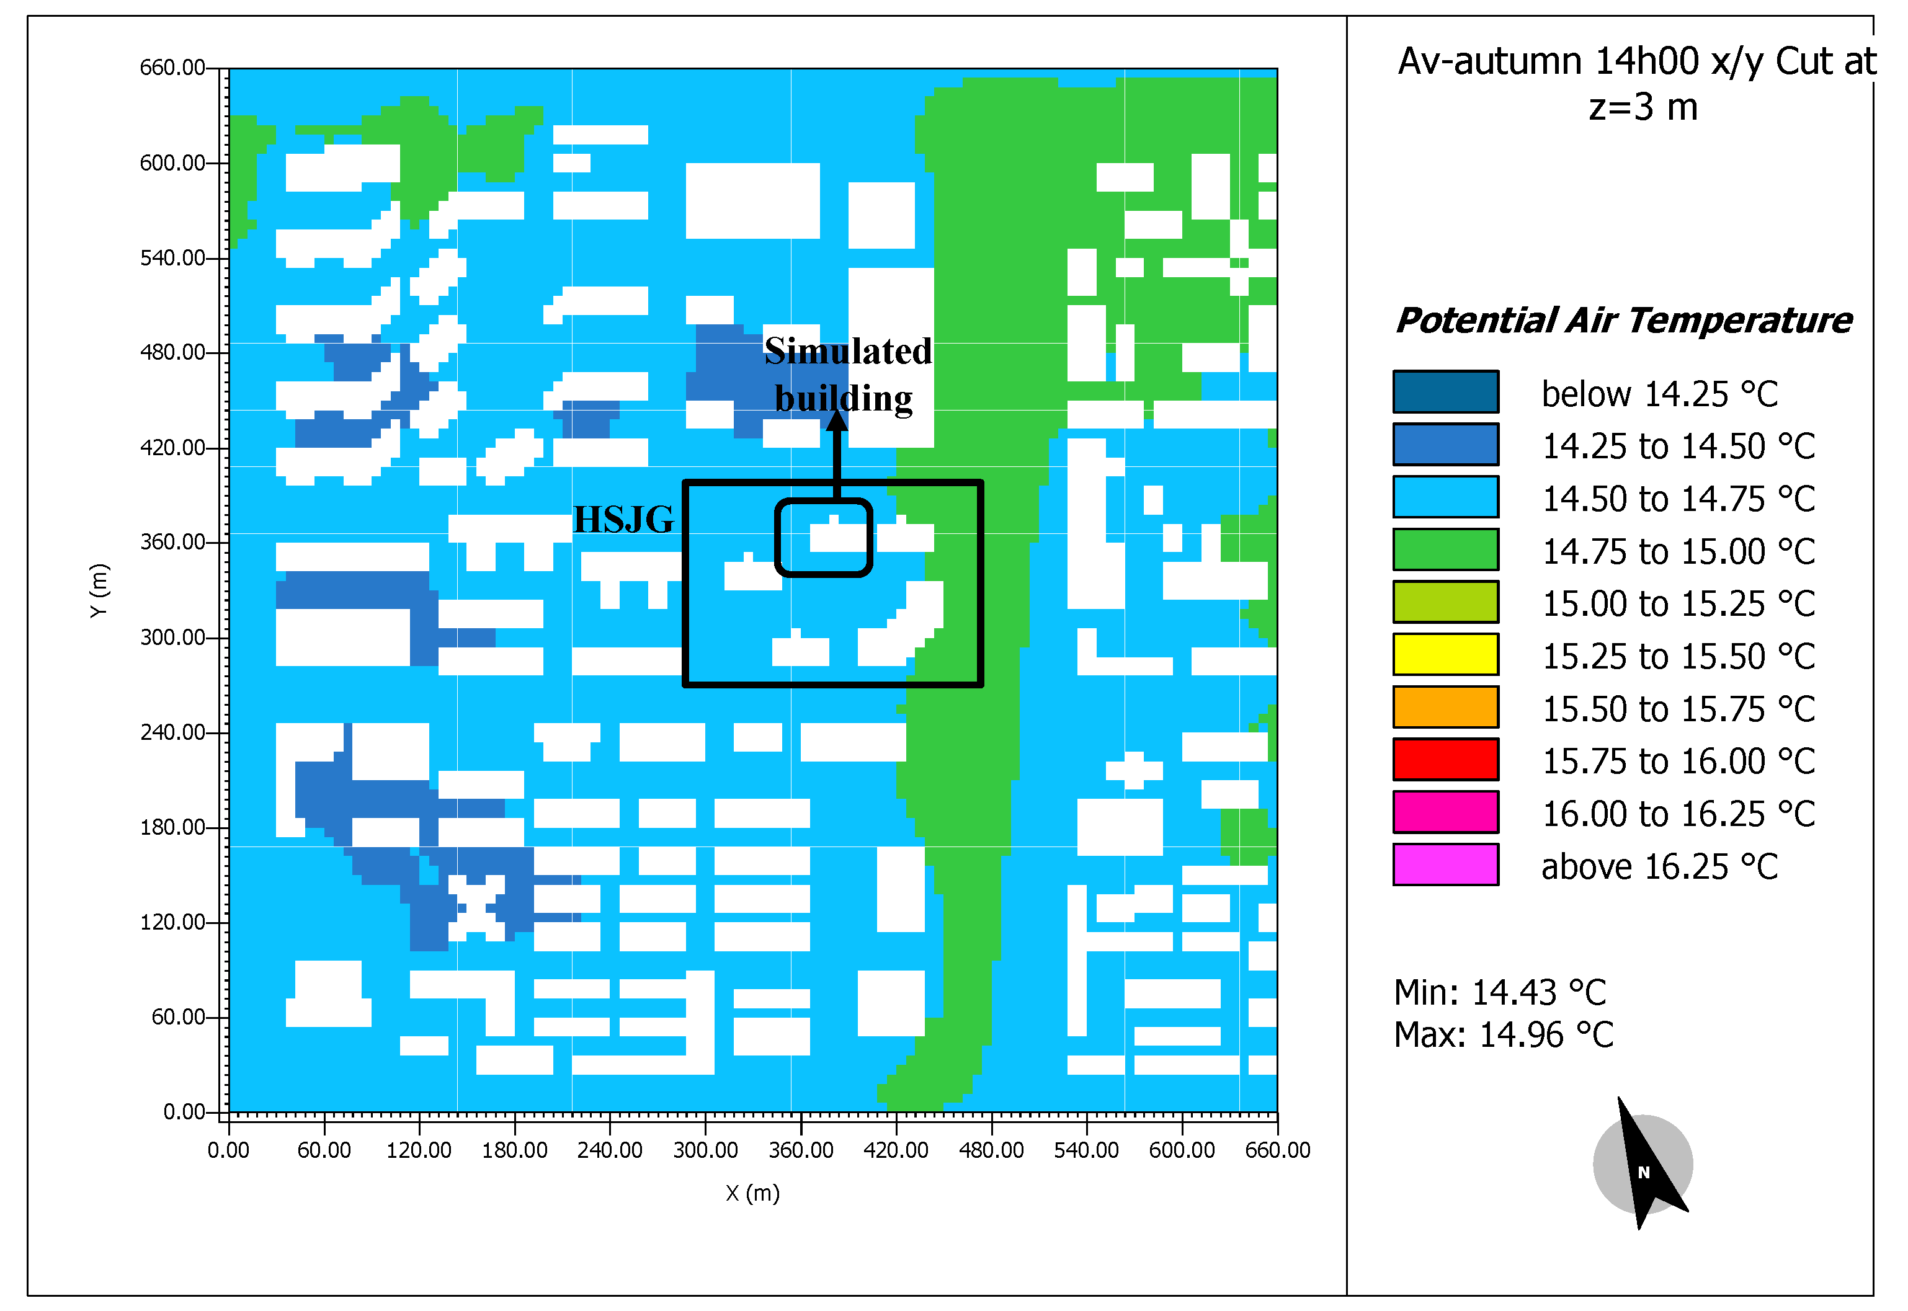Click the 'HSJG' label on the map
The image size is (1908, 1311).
(x=623, y=519)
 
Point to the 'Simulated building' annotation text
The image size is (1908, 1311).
(x=847, y=375)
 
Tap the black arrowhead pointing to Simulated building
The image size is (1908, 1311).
(x=836, y=420)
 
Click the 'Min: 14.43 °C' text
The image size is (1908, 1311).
(x=1499, y=992)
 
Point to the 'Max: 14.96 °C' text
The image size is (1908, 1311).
(x=1502, y=1035)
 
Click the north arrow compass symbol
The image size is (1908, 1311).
(x=1643, y=1164)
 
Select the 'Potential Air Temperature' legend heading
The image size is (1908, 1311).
(x=1623, y=321)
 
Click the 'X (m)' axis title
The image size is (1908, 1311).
(x=752, y=1193)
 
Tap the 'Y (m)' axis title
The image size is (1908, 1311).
(x=99, y=590)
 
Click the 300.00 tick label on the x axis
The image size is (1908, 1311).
(x=705, y=1150)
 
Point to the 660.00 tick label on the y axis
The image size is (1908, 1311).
(x=172, y=68)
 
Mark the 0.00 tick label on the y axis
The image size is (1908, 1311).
(x=183, y=1111)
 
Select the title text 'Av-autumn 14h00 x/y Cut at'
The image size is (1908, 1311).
(x=1636, y=61)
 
